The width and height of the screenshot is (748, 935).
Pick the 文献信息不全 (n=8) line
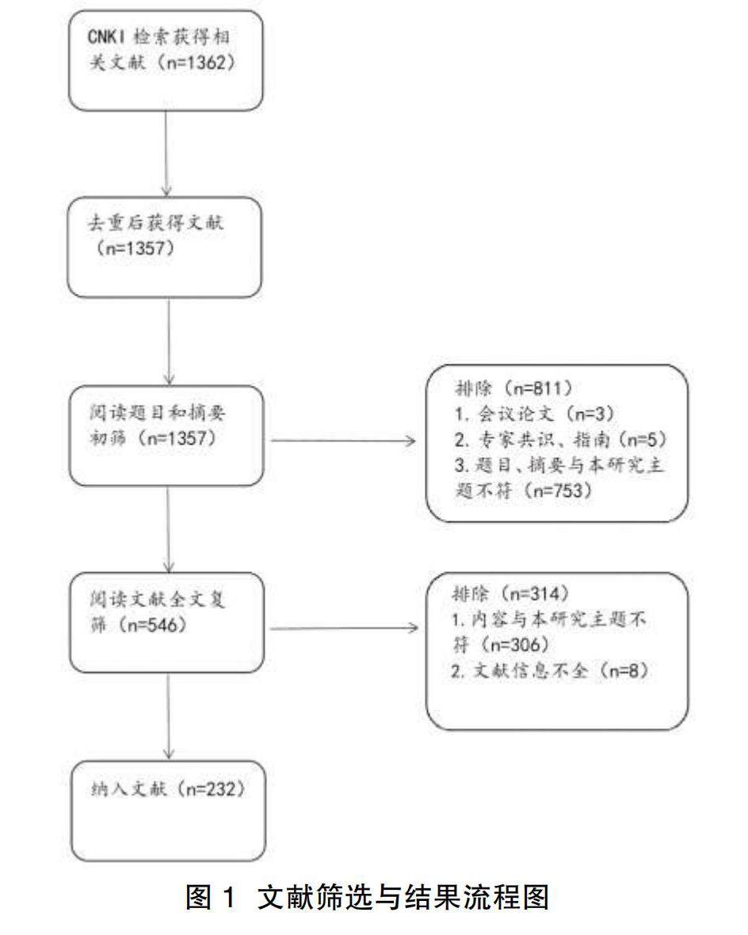(547, 671)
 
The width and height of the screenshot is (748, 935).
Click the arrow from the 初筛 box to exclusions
(342, 441)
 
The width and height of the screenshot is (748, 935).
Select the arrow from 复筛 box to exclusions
(342, 628)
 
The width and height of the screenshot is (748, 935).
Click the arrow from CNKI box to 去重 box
(167, 151)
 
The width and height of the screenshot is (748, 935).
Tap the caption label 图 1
(210, 898)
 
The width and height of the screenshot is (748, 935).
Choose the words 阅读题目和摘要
(158, 414)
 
